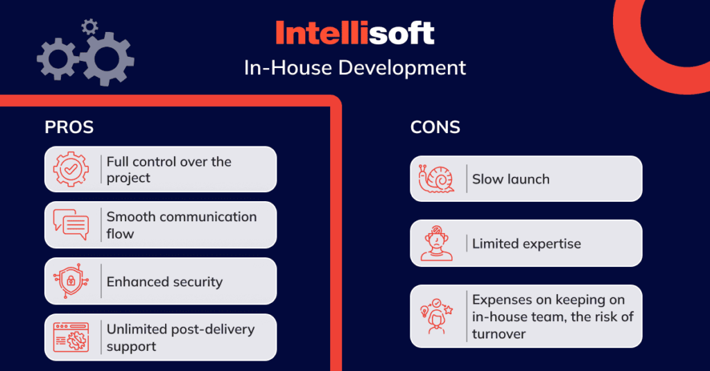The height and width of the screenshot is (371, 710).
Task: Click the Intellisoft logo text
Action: tap(354, 33)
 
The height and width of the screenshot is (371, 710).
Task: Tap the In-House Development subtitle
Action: tap(354, 68)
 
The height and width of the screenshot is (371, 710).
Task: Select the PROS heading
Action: tap(69, 128)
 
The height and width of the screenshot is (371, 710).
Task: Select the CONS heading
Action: tap(435, 128)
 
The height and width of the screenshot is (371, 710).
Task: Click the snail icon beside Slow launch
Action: tap(436, 179)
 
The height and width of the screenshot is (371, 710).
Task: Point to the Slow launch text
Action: tap(510, 180)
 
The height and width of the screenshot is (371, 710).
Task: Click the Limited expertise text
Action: tap(526, 243)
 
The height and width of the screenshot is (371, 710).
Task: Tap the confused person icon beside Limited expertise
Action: tap(436, 243)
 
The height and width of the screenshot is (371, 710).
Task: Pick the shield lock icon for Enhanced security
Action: tap(71, 282)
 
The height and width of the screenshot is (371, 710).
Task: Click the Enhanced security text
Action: tap(164, 282)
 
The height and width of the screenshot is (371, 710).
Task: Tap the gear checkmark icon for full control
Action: tap(71, 169)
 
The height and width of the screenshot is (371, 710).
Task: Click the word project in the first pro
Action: tap(128, 178)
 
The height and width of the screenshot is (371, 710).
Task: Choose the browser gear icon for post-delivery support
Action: tap(71, 338)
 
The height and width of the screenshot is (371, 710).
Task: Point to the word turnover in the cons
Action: tap(499, 334)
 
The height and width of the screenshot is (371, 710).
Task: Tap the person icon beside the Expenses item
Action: tap(436, 317)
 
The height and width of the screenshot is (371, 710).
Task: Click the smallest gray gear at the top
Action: tap(89, 27)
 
